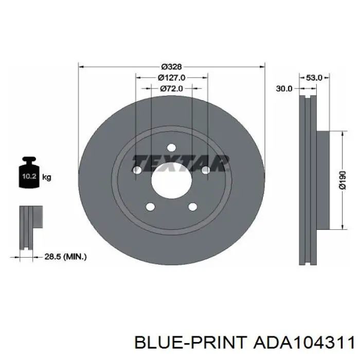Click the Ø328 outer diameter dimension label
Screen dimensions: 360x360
[x=171, y=67]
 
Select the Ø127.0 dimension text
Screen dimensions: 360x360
[x=171, y=78]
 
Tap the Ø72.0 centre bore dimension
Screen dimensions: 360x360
[x=171, y=88]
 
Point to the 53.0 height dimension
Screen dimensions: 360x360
[x=314, y=78]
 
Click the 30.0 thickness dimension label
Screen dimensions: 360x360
[x=284, y=88]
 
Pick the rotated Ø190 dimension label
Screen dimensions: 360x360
[x=343, y=180]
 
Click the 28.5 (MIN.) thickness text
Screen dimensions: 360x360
[x=65, y=257]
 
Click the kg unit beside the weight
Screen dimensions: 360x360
[x=47, y=177]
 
